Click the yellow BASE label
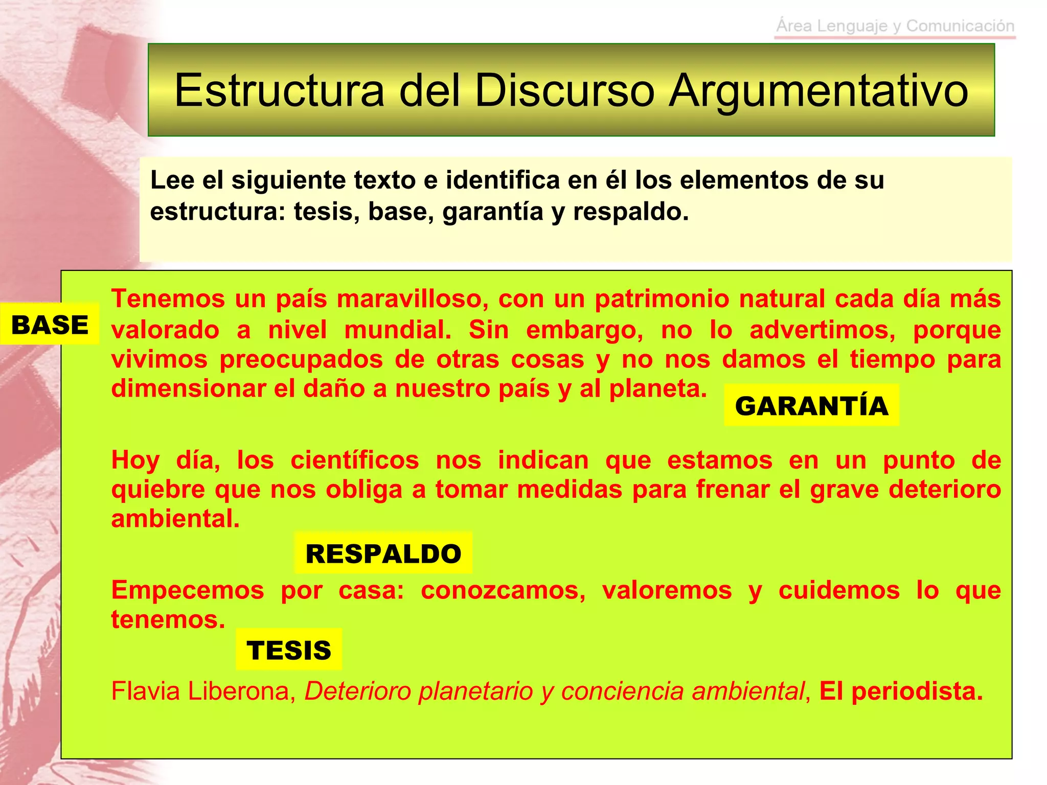pos(50,325)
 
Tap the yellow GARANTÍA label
pos(811,406)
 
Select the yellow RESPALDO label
pos(383,553)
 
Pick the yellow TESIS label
pos(289,650)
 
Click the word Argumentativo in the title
pos(818,90)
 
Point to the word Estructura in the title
pos(279,90)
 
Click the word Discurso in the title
pos(564,90)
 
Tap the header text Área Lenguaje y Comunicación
pos(895,26)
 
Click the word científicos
pos(355,460)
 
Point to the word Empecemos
pos(188,590)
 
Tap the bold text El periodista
pos(901,691)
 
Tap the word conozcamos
pos(503,590)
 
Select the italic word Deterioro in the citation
pos(357,691)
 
